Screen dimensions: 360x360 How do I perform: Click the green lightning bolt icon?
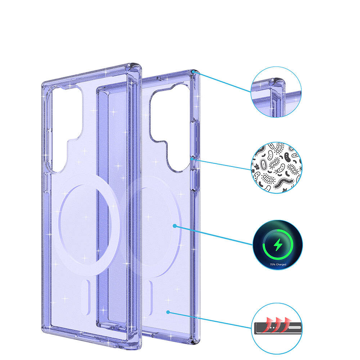[x=278, y=245]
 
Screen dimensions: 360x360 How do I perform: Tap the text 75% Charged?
[x=278, y=265]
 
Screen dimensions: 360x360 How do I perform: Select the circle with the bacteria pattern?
[x=276, y=168]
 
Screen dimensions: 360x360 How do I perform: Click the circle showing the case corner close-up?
[x=276, y=92]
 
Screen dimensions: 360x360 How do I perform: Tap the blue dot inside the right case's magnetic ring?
[x=175, y=226]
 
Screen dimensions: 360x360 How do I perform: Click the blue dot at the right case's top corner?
[x=193, y=72]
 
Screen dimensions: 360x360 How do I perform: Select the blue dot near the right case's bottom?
[x=168, y=312]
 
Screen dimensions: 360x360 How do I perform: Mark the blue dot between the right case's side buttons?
[x=191, y=158]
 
